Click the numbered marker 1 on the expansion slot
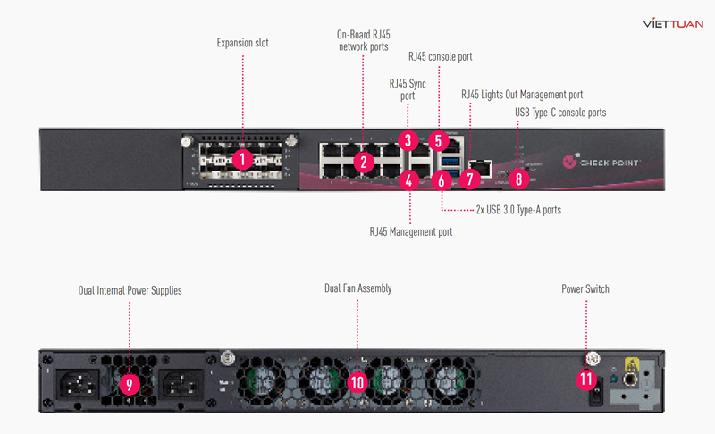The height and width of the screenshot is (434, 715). tap(242, 160)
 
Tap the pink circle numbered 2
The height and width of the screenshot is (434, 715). tap(363, 162)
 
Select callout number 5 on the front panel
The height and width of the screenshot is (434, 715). tap(437, 140)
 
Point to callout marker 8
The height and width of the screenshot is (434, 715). tap(517, 178)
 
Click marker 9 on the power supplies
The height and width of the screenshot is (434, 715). tap(130, 385)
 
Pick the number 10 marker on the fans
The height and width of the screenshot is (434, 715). tap(357, 382)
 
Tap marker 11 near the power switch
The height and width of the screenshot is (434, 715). tap(586, 379)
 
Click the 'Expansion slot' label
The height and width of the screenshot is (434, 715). tap(242, 42)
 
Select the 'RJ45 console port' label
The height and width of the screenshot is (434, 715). tap(440, 56)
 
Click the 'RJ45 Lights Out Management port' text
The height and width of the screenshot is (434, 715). tap(522, 93)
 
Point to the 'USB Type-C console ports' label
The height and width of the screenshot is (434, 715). tap(560, 113)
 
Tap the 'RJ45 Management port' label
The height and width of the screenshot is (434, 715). tap(411, 231)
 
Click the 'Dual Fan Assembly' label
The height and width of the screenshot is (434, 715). tap(357, 288)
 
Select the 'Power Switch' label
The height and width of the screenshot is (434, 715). tap(585, 289)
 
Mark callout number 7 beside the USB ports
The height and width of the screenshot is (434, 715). tap(470, 178)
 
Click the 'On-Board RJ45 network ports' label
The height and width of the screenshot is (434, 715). tap(363, 40)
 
